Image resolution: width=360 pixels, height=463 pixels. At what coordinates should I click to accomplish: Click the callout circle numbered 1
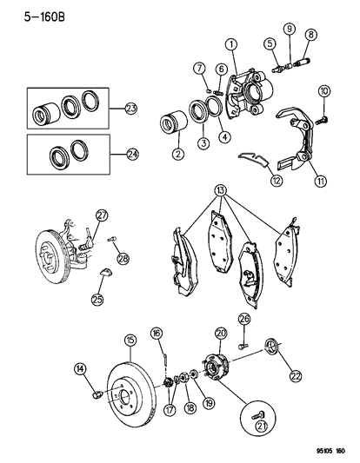pos(231,45)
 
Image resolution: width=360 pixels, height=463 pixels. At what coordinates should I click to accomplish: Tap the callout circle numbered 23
pos(131,109)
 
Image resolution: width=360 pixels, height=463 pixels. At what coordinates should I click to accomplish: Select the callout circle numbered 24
pos(131,155)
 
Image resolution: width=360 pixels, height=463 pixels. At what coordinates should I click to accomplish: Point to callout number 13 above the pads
pos(223,190)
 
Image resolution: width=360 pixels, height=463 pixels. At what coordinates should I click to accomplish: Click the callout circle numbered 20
pos(221,332)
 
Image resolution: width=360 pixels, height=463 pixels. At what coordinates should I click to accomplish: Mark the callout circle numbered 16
pos(157,333)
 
